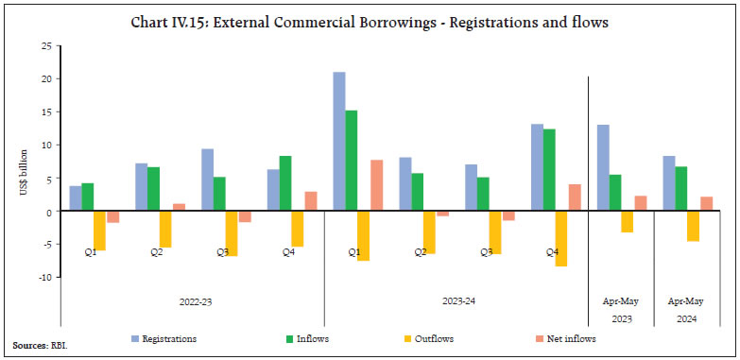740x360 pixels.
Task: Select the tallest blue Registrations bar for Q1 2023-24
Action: point(338,142)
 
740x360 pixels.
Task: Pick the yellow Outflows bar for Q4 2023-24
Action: point(560,239)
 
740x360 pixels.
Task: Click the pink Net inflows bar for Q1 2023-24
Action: point(376,185)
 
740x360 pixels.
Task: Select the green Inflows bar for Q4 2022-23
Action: point(285,183)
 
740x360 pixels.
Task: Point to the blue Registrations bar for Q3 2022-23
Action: point(207,180)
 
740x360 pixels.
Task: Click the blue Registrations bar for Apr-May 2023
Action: point(603,168)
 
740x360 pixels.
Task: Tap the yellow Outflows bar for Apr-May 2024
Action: point(693,227)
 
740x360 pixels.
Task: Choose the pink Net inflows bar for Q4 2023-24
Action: point(574,197)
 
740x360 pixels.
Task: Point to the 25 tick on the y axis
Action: point(44,45)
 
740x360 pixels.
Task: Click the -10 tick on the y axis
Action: point(43,278)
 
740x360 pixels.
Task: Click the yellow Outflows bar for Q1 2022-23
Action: point(100,231)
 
